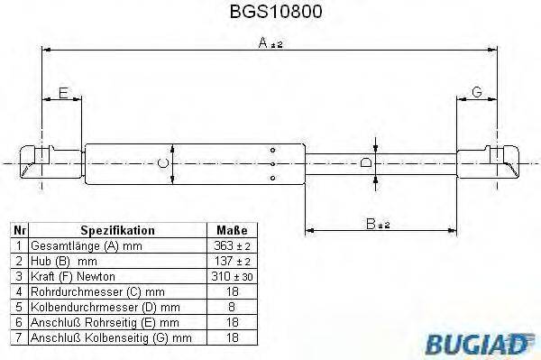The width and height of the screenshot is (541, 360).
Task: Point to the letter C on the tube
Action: click(162, 163)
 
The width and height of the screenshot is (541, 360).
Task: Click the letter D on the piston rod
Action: click(365, 163)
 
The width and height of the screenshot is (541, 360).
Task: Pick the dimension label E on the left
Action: click(63, 93)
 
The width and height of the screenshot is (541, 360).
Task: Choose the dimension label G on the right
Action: click(476, 93)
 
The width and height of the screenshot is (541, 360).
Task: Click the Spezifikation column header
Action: click(117, 230)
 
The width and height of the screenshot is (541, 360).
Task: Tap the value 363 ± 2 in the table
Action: click(232, 245)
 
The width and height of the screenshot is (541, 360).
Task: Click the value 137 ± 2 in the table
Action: click(232, 260)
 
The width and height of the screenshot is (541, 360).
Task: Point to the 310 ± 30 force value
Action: click(232, 275)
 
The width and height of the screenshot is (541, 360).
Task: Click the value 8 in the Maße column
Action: click(232, 306)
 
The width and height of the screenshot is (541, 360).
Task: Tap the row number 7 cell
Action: click(18, 337)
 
